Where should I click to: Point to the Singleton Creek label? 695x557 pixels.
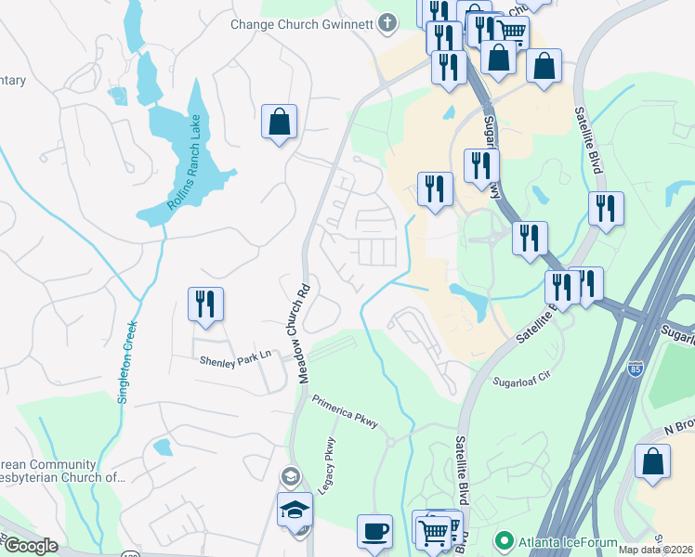[x=127, y=361]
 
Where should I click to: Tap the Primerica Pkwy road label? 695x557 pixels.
[x=345, y=411]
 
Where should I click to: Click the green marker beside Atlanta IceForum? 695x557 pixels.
[x=505, y=538]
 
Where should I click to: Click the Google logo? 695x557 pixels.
[x=31, y=547]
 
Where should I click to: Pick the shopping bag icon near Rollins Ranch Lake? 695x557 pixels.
[x=279, y=122]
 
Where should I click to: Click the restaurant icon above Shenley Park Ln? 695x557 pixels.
[x=205, y=304]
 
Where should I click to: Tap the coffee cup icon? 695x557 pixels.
[x=374, y=532]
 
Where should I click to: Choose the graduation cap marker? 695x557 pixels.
[x=295, y=510]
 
